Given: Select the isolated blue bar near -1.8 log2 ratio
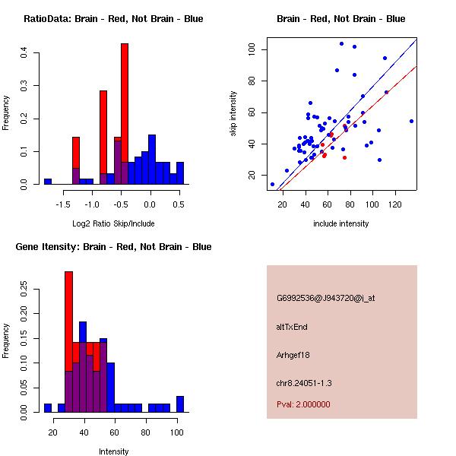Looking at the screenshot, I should click(48, 182).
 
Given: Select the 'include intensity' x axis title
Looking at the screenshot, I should click(341, 224).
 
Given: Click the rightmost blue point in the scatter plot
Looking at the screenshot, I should click(411, 121).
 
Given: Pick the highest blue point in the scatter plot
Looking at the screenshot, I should click(341, 44).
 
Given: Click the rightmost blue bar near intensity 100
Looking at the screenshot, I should click(180, 404).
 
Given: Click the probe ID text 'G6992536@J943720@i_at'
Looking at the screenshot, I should click(326, 298).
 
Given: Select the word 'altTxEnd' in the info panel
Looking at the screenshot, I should click(292, 327).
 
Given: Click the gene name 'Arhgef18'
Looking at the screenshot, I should click(293, 355).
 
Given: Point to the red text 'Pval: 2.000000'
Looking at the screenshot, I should click(303, 404).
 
